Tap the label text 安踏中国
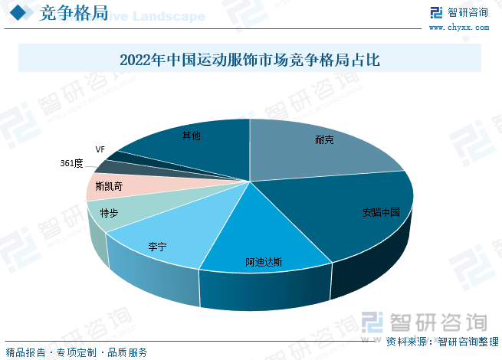[x=382, y=213]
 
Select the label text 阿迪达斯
[x=264, y=262]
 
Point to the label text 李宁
[x=157, y=247]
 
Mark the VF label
[x=100, y=149]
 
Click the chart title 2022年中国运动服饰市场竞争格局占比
[x=250, y=59]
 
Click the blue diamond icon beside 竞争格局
[x=21, y=15]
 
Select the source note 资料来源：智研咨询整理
[x=441, y=342]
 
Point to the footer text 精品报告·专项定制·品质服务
[x=77, y=352]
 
